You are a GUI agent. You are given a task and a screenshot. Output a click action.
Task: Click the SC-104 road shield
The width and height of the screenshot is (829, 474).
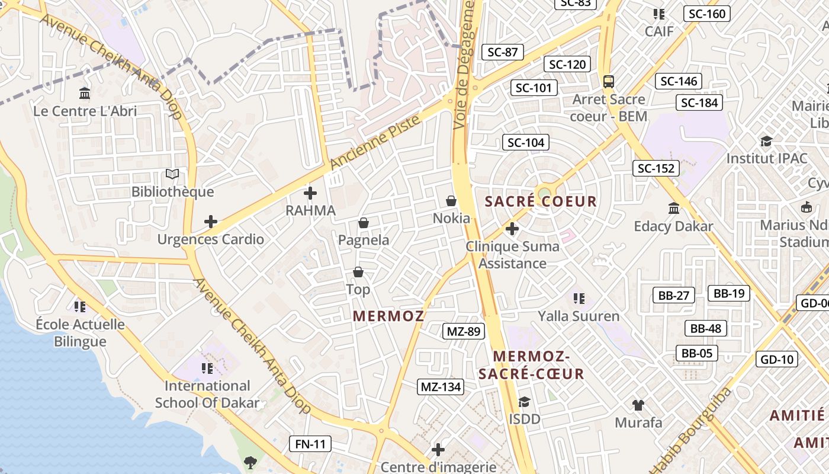coord(526,142)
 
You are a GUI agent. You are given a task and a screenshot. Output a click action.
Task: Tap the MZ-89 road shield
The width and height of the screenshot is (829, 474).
coord(464,331)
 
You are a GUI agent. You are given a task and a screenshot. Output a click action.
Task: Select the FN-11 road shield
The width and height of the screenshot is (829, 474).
coord(310,444)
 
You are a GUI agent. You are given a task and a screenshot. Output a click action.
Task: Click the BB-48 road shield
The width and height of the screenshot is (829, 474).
coord(706,328)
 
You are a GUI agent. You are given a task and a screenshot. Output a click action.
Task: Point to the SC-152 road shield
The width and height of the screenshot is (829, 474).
coord(656,168)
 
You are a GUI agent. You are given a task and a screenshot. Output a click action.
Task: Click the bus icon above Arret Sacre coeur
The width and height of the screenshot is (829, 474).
coord(609,81)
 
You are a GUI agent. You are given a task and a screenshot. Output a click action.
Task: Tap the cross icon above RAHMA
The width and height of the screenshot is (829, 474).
coord(310,193)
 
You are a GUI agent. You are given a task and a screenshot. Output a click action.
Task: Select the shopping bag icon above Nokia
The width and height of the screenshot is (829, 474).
coord(451,201)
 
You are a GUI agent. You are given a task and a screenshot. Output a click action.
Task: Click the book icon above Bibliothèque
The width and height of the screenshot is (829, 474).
coord(172,174)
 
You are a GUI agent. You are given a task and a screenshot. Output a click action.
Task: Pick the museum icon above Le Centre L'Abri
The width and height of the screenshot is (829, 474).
coord(85,94)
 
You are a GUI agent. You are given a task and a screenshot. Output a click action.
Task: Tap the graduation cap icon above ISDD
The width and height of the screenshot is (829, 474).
coord(524,402)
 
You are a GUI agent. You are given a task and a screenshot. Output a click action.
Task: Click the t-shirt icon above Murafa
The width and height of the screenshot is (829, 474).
coord(638,405)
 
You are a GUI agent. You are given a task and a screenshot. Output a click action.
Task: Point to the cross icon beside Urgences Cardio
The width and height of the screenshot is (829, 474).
coord(211,222)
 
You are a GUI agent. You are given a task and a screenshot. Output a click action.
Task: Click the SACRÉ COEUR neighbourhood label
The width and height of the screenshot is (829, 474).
coord(541,201)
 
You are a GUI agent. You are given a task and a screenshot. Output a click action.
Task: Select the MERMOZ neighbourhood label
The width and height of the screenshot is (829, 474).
coord(388,316)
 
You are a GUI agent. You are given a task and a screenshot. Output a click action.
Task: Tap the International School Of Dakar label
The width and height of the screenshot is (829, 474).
coord(207,395)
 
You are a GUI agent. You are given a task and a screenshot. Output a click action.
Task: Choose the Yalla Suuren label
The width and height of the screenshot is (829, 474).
coord(579,316)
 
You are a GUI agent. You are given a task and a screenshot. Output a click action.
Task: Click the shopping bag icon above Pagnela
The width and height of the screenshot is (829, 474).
coord(364,223)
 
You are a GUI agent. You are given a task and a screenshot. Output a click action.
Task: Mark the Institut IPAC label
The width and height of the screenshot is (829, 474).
coord(767,158)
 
